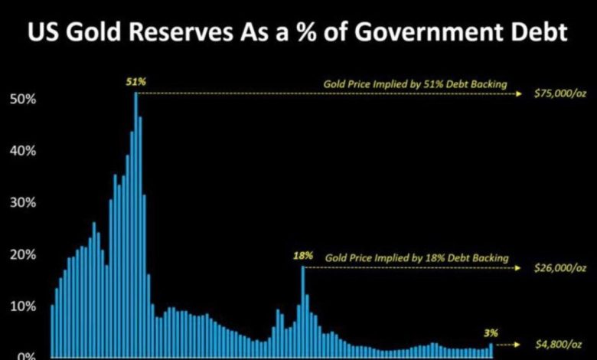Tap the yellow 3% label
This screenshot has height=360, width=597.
[x=491, y=332]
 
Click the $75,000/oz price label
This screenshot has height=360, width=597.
[x=560, y=95]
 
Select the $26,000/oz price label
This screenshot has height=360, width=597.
[x=560, y=268]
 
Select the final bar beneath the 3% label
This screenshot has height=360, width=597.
[x=491, y=350]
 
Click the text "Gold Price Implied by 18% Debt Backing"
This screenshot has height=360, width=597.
[x=416, y=258]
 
